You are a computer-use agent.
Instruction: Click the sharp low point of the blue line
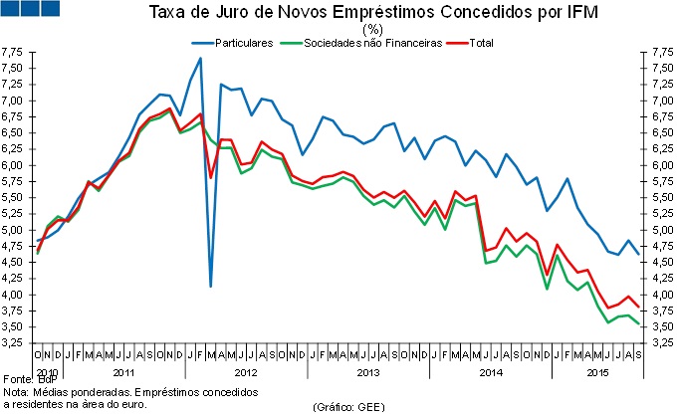tap(211, 286)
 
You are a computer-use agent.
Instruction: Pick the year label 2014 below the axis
tap(491, 371)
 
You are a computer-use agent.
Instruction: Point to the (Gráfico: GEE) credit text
tap(349, 407)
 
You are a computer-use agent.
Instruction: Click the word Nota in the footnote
tap(15, 392)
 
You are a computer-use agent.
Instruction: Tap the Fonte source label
tap(17, 380)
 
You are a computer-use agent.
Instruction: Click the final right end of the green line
tap(638, 324)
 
